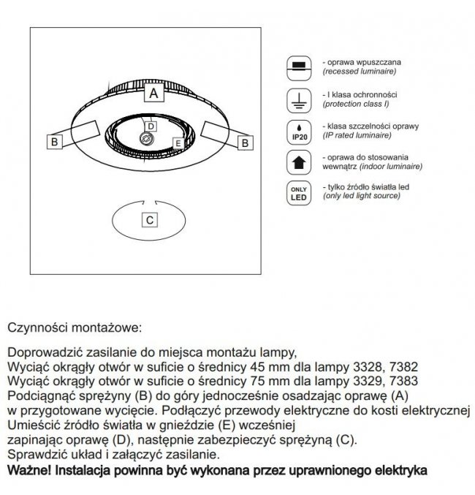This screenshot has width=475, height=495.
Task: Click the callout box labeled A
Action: [154, 93]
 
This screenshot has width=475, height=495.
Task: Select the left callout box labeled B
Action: [55, 141]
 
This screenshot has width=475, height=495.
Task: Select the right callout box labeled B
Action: [246, 143]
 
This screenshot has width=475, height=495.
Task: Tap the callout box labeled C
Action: [150, 220]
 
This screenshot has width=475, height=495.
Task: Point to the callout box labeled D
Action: [151, 126]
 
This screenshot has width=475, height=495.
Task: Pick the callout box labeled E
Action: [178, 143]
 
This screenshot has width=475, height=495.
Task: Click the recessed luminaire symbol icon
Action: [299, 68]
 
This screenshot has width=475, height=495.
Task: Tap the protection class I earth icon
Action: [299, 101]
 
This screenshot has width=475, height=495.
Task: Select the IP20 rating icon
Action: [299, 132]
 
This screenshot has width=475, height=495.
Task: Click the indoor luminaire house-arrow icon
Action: [299, 162]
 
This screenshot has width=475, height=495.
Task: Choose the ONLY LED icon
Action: [299, 193]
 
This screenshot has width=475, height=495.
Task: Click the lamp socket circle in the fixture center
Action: [146, 139]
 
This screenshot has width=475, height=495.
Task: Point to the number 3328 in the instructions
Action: [368, 367]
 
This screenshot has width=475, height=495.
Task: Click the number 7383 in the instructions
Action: [403, 381]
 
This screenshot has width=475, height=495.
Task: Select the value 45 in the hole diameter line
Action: [256, 367]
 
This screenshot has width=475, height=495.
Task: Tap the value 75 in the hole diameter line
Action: [256, 381]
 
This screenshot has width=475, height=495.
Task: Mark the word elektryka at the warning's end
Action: [401, 470]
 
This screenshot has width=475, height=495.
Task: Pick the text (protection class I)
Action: [356, 104]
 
